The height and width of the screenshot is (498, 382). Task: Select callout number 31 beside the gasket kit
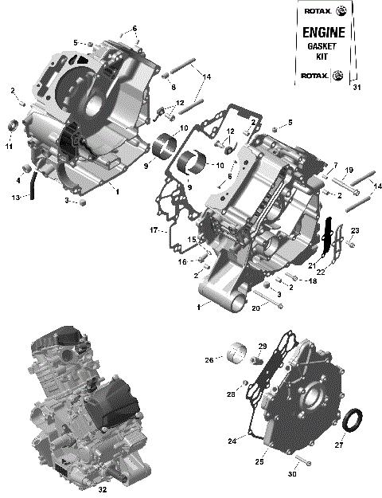(356, 88)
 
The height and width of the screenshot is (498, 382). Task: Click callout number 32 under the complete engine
(102, 491)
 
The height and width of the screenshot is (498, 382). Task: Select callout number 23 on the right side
(356, 231)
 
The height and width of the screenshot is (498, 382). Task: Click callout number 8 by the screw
(173, 86)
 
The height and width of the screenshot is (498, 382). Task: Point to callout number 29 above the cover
(261, 345)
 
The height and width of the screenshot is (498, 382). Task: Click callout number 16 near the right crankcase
(181, 261)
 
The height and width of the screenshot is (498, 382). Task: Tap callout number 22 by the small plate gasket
(322, 272)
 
